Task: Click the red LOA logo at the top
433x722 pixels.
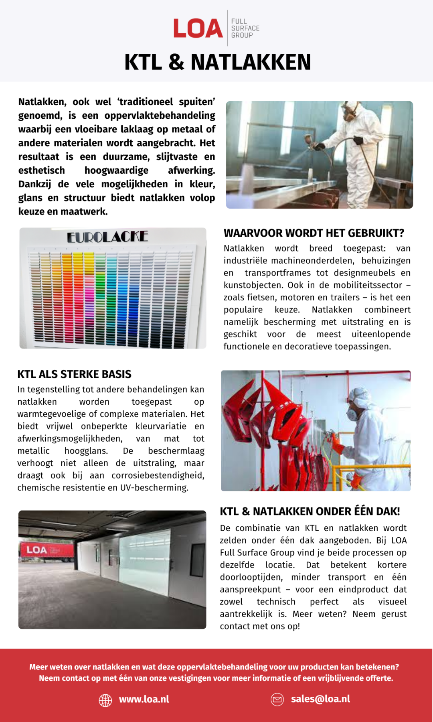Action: pos(198,28)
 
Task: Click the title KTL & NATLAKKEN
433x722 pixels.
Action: pos(218,62)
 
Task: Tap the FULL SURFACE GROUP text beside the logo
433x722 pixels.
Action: pos(245,28)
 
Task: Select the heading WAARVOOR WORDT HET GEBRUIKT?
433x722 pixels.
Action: pos(314,233)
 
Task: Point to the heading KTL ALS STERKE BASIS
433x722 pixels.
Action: pos(74,374)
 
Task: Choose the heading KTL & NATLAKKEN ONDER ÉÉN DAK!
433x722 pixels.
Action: pos(310,511)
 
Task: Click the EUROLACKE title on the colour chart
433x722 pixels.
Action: pos(107,237)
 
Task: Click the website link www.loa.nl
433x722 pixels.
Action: pos(144,699)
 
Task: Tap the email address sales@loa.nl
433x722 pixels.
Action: pos(320,699)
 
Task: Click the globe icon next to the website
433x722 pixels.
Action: pos(105,700)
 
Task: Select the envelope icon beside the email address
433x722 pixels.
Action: pos(277,700)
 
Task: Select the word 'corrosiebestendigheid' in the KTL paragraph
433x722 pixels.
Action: pos(158,475)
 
